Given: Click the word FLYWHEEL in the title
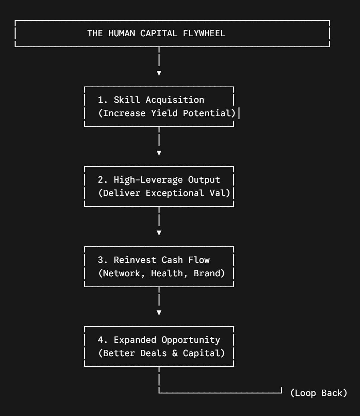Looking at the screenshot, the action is pos(204,33).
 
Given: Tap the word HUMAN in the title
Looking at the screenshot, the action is pos(122,33).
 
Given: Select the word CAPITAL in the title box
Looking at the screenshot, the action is pos(159,33).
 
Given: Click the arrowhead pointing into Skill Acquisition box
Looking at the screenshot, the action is pos(159,73).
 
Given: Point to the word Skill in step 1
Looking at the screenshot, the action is pos(127,100).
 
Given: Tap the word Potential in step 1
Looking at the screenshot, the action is pos(206,113).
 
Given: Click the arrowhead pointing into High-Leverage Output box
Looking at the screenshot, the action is pos(159,153).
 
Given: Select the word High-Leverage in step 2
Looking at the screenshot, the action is pos(148,180).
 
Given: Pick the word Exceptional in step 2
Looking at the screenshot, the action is pos(175,193).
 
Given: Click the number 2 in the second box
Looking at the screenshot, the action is pos(100,180).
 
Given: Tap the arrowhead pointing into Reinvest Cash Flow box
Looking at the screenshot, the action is pos(159,233).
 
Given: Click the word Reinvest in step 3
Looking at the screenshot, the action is pos(135,260).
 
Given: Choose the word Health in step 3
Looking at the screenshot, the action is pos(167,273).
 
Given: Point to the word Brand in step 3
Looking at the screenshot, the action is pos(206,273).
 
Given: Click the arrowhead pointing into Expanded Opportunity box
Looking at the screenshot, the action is pos(159,313).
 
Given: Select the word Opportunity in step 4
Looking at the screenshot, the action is pos(191,340).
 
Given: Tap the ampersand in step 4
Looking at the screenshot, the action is pos(175,353).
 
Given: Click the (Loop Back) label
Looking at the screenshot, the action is pos(318,393).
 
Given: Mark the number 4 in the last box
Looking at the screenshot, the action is pos(100,340).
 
